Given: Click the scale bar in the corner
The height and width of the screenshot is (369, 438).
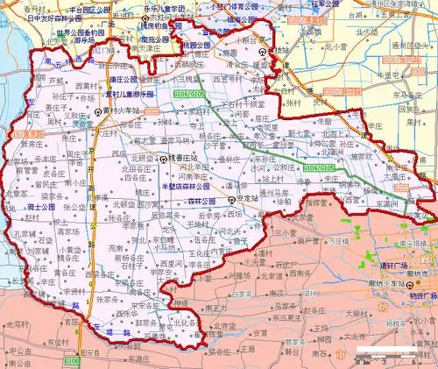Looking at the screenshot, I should [403, 359].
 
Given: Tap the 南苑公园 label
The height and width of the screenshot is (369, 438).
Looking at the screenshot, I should [152, 39].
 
